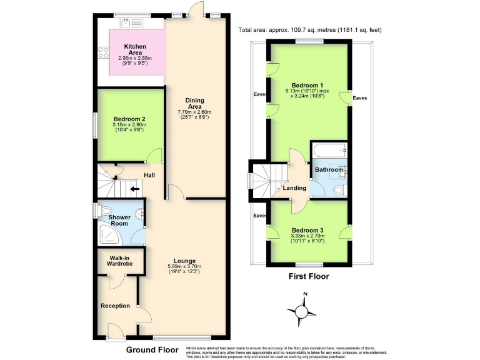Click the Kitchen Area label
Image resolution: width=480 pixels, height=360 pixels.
point(135,47)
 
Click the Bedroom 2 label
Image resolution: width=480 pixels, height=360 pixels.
point(129,119)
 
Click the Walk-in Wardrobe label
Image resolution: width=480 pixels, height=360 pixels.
point(119,261)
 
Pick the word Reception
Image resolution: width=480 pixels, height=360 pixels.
point(115,306)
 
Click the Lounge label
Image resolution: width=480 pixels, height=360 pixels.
point(185,261)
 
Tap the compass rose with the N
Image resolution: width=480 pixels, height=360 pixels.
point(302,310)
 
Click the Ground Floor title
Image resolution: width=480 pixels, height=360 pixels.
point(152,349)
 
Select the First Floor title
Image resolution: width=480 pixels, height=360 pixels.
point(308,276)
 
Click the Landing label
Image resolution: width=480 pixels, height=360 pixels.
point(294,188)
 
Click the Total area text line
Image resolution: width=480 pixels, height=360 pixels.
point(309,30)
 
